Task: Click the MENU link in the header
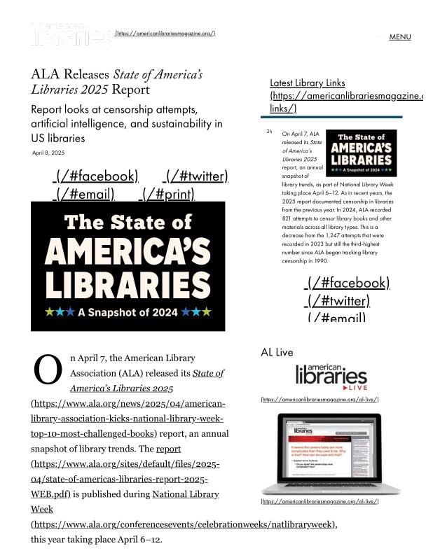[399, 37]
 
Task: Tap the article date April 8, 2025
[48, 153]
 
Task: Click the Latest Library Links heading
[307, 83]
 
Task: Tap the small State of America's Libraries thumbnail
[362, 153]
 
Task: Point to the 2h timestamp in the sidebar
[269, 131]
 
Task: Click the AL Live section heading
[277, 352]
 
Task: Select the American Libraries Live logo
[331, 377]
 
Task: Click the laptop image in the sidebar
[331, 454]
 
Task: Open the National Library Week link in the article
[185, 494]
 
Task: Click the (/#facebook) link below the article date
[96, 176]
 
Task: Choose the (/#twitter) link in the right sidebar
[337, 301]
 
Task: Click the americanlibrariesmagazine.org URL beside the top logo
[165, 34]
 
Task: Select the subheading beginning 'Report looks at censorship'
[126, 124]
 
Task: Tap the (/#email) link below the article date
[85, 194]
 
